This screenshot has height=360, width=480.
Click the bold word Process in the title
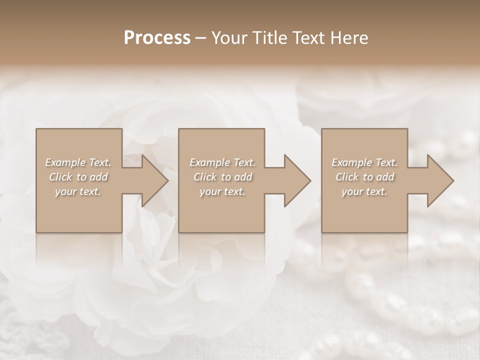pos(157,38)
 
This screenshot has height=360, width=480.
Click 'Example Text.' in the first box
pos(78,162)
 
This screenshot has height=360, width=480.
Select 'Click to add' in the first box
pos(78,177)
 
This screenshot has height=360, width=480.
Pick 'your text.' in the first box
pos(78,191)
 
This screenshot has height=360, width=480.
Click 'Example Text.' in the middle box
pos(222,162)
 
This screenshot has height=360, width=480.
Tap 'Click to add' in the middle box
pos(222,177)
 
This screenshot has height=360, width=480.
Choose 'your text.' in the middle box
pos(222,191)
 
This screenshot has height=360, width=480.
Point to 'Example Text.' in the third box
pos(364,162)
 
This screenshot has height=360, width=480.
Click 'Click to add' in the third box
pos(364,177)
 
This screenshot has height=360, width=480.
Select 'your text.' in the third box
pos(364,191)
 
